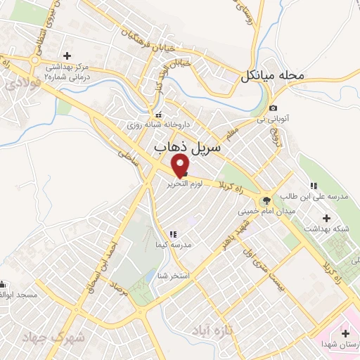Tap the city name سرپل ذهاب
click(x=187, y=146)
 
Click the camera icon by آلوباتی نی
click(x=272, y=108)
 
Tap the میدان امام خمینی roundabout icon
click(x=265, y=200)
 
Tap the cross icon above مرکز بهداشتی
click(x=67, y=56)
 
